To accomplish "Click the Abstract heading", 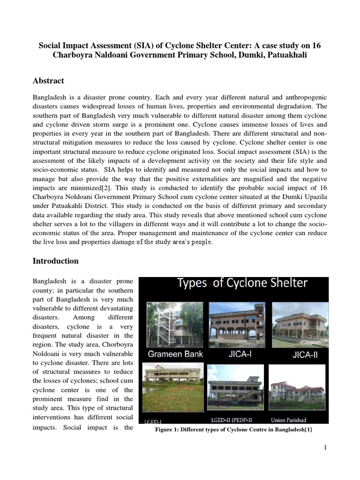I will pos(48,81).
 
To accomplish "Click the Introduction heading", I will pos(55,261).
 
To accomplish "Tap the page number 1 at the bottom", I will pos(324,448).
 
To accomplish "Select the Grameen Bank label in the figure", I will pos(176,354).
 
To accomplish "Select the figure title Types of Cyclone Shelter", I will pos(242,283).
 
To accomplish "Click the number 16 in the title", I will pos(316,45).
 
